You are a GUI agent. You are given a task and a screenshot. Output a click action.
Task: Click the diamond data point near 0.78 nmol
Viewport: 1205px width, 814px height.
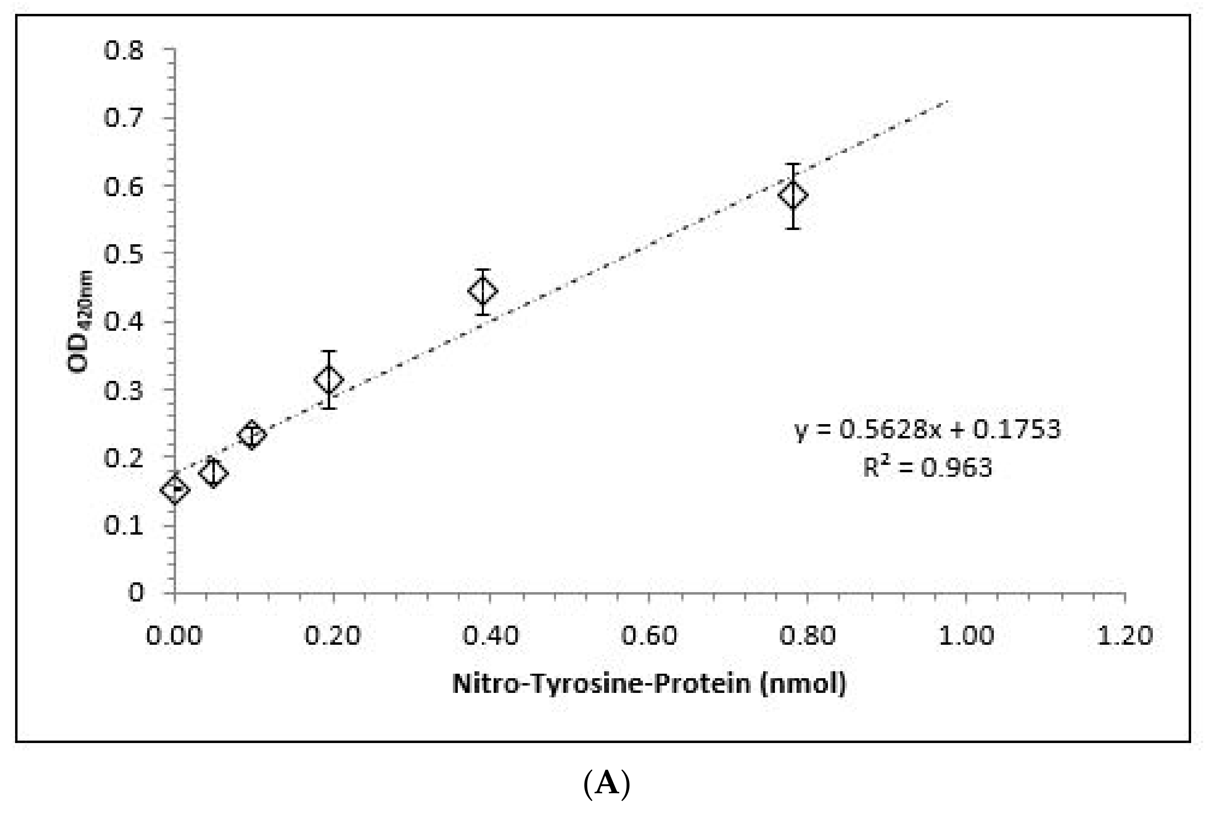coord(793,195)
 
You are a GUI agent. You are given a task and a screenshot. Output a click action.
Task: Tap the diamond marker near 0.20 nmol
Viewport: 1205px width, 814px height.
coord(329,379)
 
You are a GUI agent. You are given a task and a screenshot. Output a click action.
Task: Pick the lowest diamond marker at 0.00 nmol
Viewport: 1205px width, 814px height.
coord(175,489)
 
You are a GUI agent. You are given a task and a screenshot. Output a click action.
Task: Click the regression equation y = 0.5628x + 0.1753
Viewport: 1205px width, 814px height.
coord(927,429)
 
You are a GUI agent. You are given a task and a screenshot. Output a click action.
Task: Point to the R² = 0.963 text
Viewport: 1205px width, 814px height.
coord(927,467)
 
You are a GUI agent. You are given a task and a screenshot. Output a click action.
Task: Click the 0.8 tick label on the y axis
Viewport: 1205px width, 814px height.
coord(124,51)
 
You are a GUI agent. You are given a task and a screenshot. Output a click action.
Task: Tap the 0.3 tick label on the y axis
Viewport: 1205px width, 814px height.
coord(124,390)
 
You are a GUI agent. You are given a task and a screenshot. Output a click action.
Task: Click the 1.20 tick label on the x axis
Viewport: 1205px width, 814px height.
coord(1125,635)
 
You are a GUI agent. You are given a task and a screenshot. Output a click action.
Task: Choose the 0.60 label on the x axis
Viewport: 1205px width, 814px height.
coord(649,635)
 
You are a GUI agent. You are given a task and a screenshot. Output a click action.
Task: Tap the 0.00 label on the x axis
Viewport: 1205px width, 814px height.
coord(174,635)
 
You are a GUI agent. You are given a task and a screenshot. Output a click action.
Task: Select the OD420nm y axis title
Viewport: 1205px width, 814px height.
coord(80,322)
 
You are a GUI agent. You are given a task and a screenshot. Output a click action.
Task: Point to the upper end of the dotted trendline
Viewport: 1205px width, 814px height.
coord(948,101)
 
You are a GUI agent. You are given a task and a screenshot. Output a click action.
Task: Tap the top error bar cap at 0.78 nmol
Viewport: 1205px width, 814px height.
coord(793,164)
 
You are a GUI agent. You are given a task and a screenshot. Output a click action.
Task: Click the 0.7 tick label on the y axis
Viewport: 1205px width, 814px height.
coord(124,119)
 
